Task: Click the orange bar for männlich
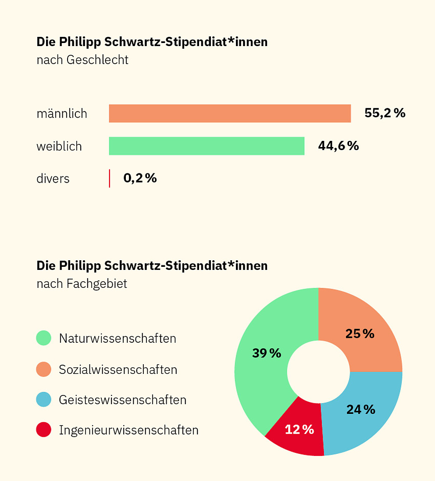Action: [230, 113]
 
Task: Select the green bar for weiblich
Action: [207, 146]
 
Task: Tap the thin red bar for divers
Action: [110, 178]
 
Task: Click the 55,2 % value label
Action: [385, 113]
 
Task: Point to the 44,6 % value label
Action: [338, 146]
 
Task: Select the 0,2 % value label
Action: [140, 178]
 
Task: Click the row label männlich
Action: [62, 114]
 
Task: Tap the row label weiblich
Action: [59, 146]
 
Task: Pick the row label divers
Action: [53, 179]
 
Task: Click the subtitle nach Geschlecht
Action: [82, 60]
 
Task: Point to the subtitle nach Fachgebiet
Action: [82, 284]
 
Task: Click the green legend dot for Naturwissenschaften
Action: [44, 338]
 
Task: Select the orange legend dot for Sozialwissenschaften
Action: [44, 369]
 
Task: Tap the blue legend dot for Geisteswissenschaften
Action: [44, 399]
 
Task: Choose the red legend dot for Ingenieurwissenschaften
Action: [44, 430]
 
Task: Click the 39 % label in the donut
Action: [267, 353]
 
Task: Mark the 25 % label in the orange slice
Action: [360, 334]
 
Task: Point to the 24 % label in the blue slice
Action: [360, 409]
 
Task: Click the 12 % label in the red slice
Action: [300, 429]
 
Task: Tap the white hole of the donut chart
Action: [319, 372]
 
